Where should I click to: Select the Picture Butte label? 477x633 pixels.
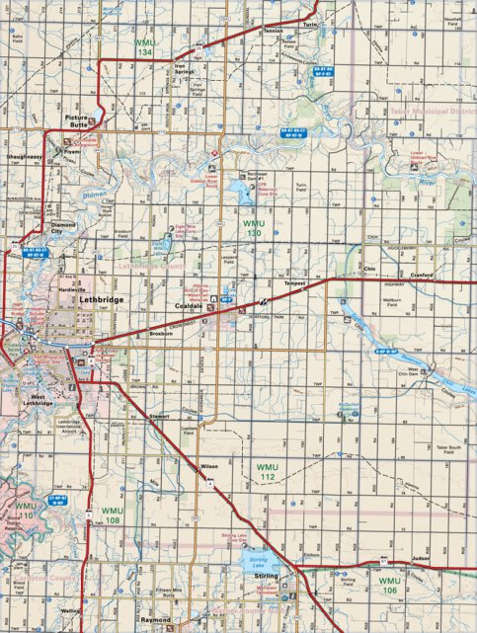83,120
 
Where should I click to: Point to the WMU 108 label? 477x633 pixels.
112,514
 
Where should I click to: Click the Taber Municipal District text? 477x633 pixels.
435,112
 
